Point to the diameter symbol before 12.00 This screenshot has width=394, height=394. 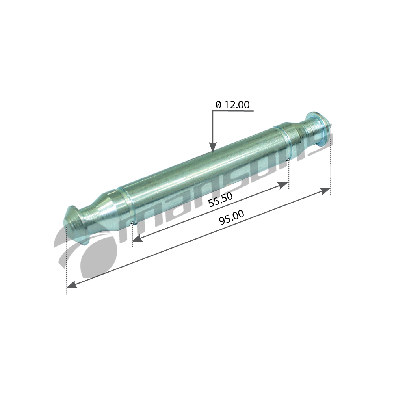click(x=218, y=105)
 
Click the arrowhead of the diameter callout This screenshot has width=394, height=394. click(x=213, y=148)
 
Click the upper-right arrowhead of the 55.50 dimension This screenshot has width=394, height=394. click(x=283, y=185)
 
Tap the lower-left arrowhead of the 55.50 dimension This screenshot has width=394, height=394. click(x=137, y=238)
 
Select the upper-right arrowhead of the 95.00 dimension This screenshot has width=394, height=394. click(x=325, y=191)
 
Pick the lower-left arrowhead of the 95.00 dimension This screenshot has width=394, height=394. click(x=72, y=284)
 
